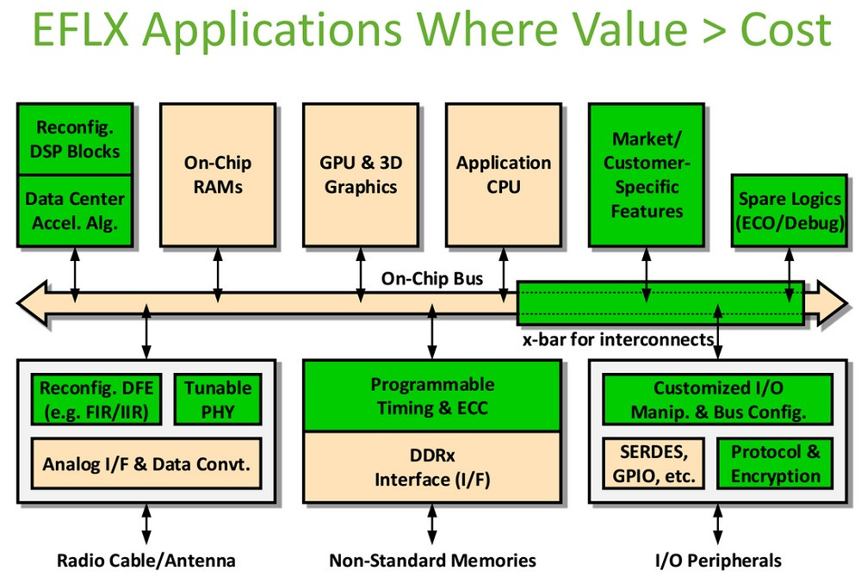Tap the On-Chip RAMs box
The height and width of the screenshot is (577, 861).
click(x=218, y=174)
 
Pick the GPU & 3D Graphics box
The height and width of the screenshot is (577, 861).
click(x=361, y=174)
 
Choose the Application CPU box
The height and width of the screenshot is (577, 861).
click(x=504, y=174)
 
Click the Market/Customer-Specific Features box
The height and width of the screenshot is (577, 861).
click(x=647, y=174)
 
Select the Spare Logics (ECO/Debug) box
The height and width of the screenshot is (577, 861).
click(x=790, y=210)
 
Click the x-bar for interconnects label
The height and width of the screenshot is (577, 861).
click(x=618, y=338)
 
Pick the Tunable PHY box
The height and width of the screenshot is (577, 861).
click(x=217, y=400)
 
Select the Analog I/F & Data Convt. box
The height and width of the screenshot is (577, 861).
click(x=146, y=463)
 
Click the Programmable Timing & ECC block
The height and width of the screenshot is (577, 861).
click(x=432, y=395)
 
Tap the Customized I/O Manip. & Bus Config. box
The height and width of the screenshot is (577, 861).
click(x=717, y=400)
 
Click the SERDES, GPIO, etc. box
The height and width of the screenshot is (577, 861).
click(x=654, y=463)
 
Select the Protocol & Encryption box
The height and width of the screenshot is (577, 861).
click(x=776, y=463)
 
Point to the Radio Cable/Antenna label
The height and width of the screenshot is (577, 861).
click(x=146, y=561)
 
